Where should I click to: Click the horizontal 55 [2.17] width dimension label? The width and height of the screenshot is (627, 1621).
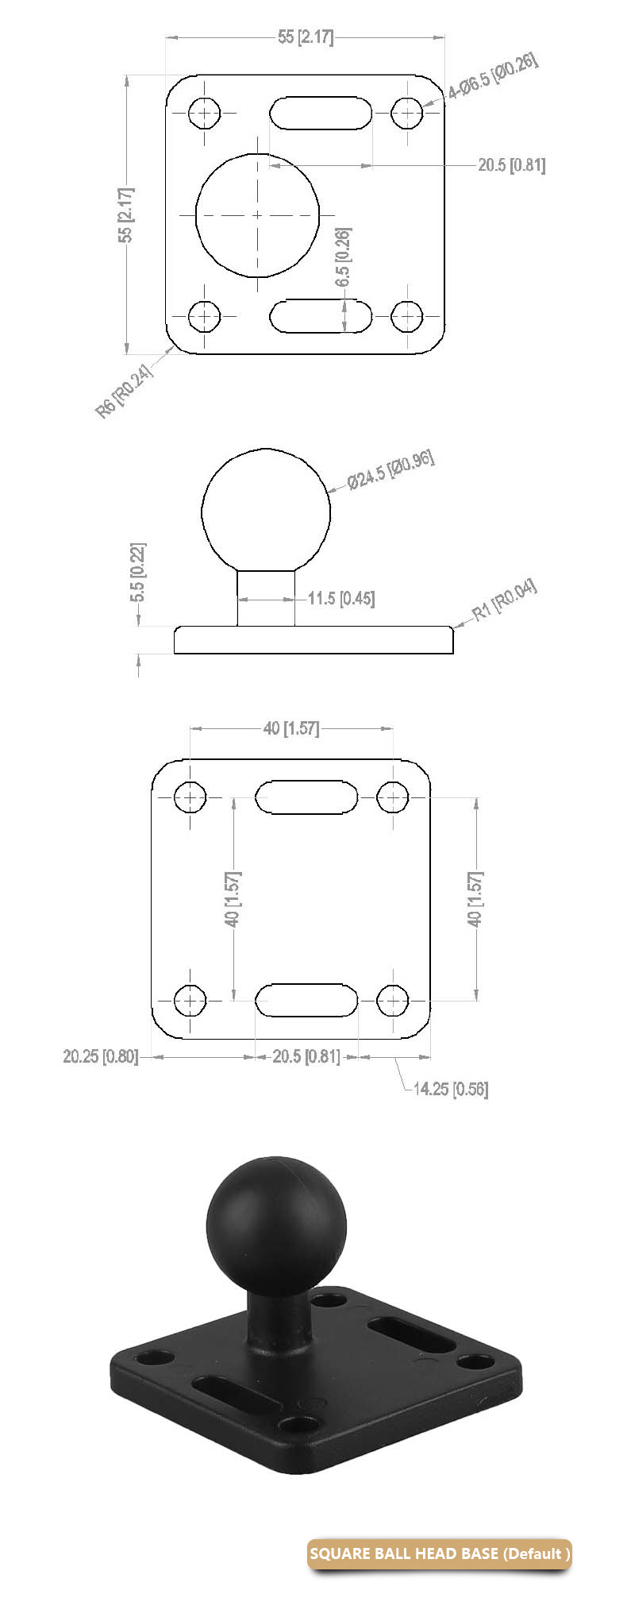[x=306, y=37]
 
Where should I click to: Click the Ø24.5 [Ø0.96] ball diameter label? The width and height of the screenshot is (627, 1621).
[x=391, y=470]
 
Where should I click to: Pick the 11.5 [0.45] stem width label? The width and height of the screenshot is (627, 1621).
[x=340, y=598]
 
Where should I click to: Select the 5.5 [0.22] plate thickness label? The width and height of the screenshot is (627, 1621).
[x=137, y=572]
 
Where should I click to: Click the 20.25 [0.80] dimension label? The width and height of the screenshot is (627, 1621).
[x=100, y=1056]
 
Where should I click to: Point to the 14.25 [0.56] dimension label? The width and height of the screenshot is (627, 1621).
[x=450, y=1089]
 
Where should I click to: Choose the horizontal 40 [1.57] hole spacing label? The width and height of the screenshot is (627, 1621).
[x=290, y=728]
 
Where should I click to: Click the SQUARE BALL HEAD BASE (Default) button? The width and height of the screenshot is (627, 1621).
[x=440, y=1553]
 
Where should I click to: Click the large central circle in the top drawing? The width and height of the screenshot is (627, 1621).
[x=257, y=214]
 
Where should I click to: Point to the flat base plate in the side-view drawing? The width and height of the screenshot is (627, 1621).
[x=313, y=640]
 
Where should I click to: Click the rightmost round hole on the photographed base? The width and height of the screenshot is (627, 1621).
[x=475, y=1363]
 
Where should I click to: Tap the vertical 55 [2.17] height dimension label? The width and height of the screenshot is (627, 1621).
[x=125, y=214]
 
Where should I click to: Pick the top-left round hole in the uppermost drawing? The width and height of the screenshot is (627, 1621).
[x=206, y=113]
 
